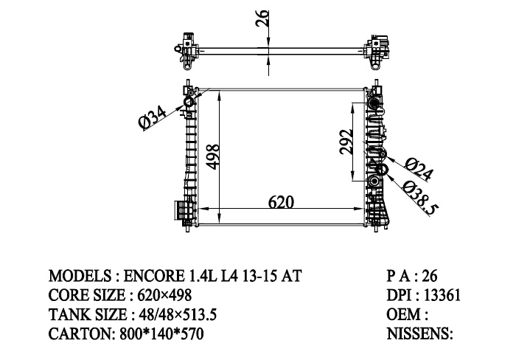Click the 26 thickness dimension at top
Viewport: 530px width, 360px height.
pos(262,18)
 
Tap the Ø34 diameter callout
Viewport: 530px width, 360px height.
pos(153,117)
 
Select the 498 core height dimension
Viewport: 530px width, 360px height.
pos(213,157)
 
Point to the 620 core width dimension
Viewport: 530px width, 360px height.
pos(281,202)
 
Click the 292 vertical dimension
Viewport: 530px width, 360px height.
pos(346,142)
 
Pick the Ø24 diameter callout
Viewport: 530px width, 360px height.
pos(419,169)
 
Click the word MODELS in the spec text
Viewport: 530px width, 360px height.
pos(80,276)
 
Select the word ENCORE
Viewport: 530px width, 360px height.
pos(153,276)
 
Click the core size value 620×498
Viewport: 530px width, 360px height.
pos(164,295)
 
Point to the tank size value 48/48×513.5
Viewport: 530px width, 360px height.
pos(178,315)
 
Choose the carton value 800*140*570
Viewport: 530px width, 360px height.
pos(162,334)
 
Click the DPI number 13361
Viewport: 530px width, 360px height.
pos(442,295)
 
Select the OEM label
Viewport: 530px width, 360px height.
pos(404,315)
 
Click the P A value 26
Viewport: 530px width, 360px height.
pos(430,276)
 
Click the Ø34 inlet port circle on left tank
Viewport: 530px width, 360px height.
pos(189,103)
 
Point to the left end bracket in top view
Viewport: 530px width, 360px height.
pos(187,51)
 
